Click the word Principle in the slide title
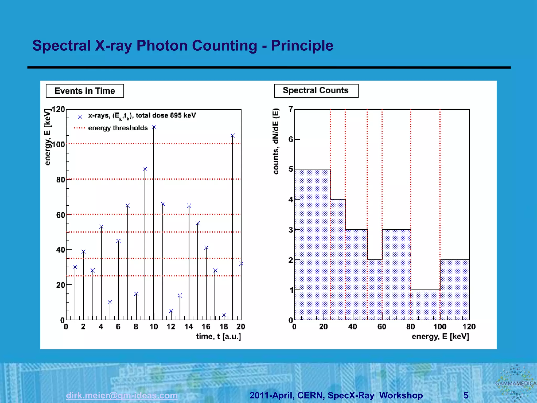302,46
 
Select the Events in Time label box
85,91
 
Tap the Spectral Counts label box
316,91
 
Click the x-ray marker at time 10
154,127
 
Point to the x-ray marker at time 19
233,136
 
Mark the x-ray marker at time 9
145,169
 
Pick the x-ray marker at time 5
110,303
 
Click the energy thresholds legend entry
118,128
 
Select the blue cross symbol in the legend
80,117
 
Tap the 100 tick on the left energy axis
58,145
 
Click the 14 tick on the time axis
189,327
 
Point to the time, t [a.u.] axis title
218,337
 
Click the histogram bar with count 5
312,244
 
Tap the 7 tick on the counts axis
291,109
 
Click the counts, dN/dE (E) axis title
276,141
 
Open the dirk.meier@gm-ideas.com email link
122,395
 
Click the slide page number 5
466,395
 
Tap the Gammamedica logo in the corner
515,383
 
